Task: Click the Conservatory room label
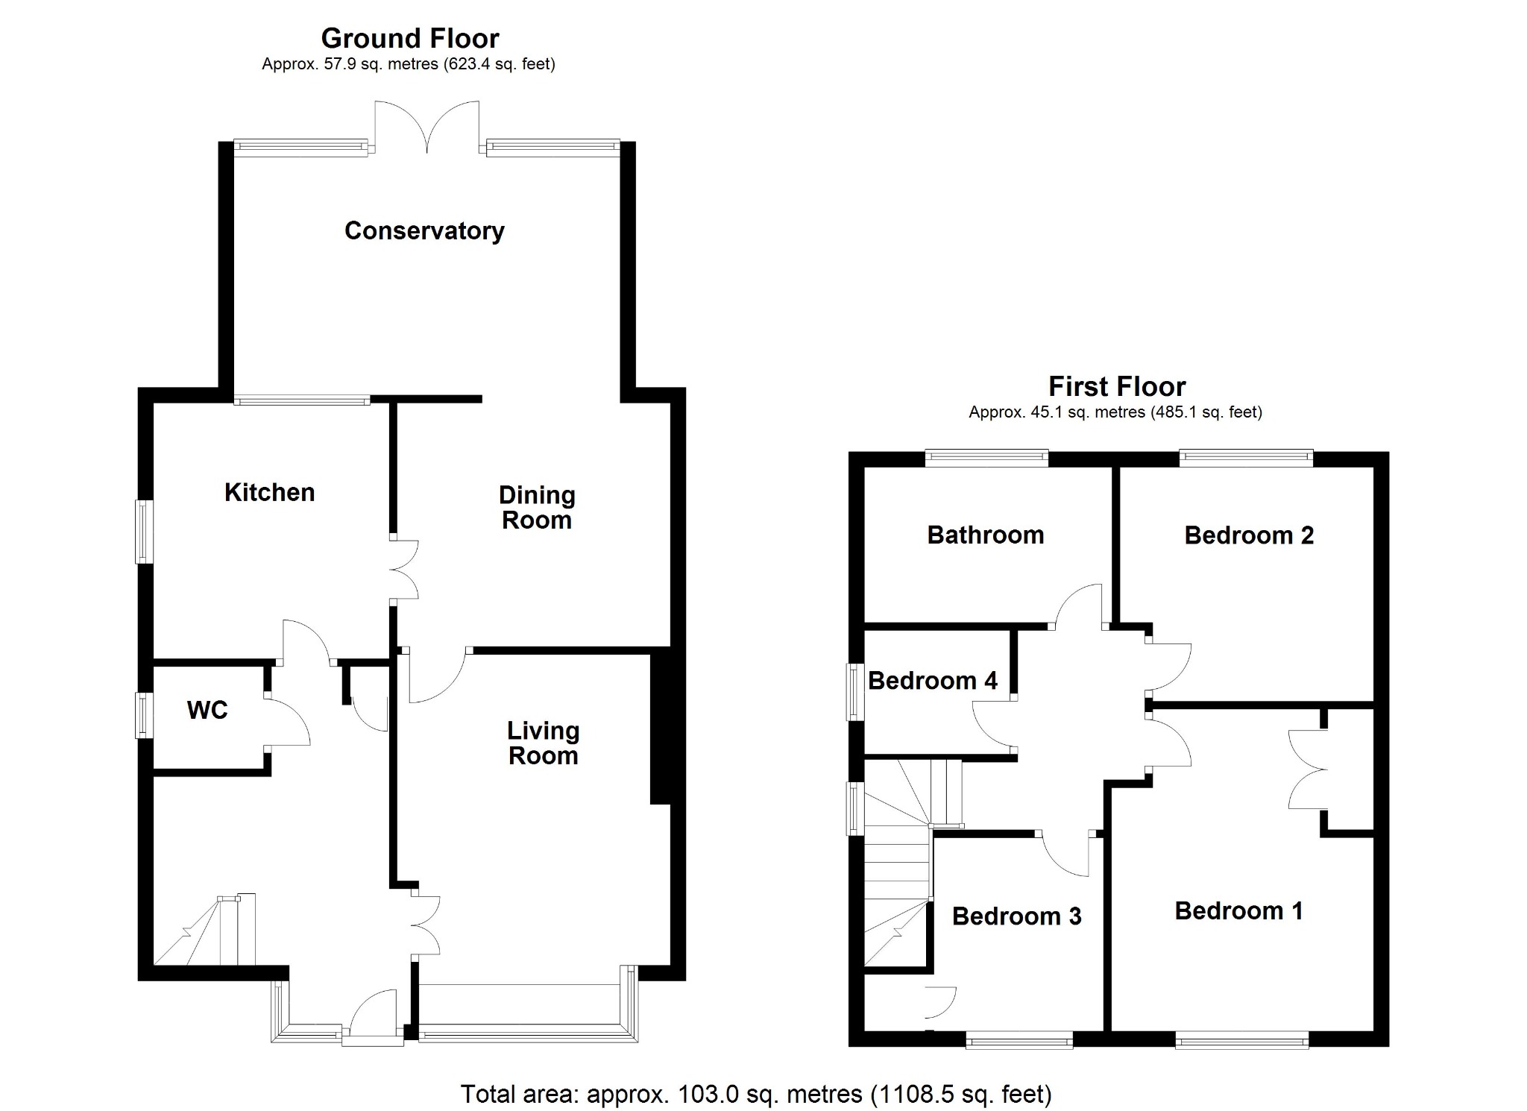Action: point(424,231)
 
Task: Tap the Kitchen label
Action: point(270,492)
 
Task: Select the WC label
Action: point(207,710)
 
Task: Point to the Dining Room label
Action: point(537,508)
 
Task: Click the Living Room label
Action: point(544,743)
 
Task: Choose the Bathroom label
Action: point(986,535)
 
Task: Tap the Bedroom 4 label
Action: point(933,681)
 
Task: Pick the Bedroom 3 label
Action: point(1017,916)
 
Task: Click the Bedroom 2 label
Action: point(1250,535)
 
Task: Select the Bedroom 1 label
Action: point(1239,911)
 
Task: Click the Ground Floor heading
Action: point(410,38)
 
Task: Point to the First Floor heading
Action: point(1117,386)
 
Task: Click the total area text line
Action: point(756,1094)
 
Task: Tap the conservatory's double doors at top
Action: point(427,127)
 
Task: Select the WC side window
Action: point(143,716)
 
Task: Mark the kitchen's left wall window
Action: point(143,532)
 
